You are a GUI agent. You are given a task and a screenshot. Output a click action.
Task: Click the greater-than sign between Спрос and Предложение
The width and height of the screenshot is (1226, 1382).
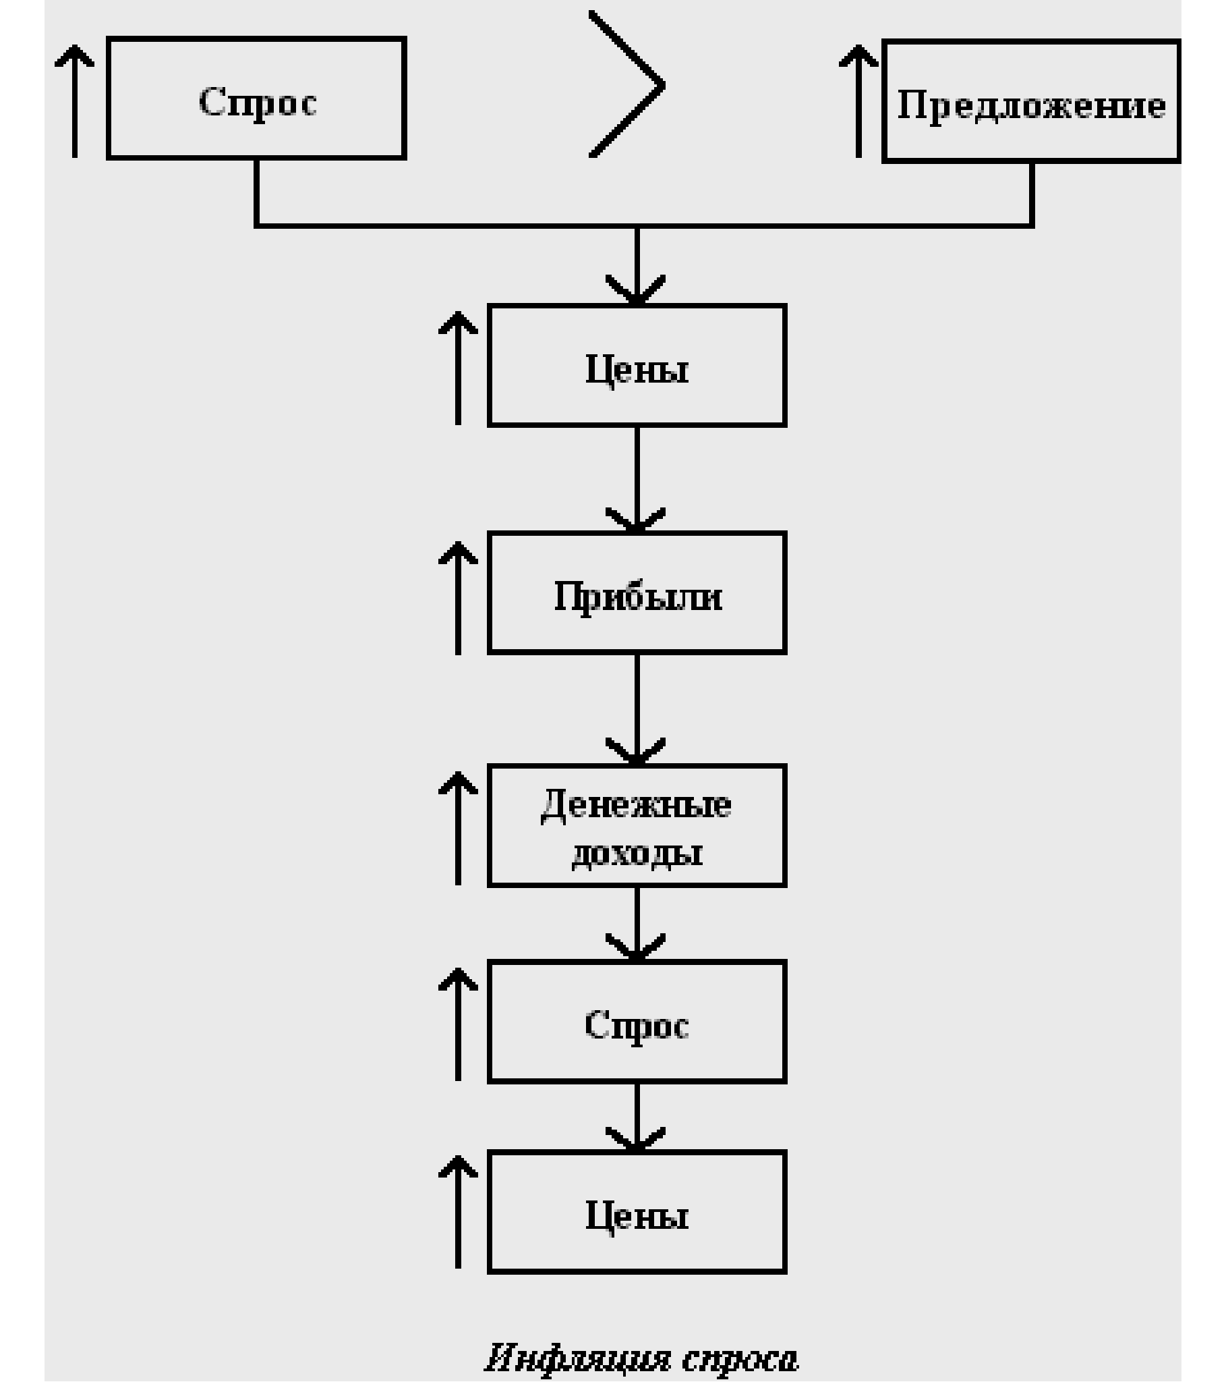627,85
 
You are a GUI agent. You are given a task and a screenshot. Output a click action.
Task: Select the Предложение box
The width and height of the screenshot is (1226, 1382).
1031,101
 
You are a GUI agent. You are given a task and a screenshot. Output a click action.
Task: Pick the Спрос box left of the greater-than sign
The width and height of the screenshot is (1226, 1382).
256,99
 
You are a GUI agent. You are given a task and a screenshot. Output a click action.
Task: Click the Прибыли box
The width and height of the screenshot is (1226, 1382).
637,593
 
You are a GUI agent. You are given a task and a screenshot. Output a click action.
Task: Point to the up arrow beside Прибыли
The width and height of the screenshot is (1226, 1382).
458,598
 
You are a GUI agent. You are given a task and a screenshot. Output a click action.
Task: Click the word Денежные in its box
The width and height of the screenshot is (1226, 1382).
636,805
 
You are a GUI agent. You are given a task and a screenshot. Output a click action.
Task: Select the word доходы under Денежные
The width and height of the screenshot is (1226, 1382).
636,854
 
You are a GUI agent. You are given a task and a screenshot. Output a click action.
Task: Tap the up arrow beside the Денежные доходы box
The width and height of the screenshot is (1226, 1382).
458,828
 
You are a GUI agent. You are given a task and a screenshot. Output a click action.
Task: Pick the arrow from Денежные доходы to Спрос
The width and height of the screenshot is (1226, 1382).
637,924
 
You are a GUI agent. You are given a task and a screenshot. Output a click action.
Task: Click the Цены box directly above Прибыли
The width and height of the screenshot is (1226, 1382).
637,366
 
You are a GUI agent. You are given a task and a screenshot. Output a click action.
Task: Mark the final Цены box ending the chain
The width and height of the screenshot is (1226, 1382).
637,1213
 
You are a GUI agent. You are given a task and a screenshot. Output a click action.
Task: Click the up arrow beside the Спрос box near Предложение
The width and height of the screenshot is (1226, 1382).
74,101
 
